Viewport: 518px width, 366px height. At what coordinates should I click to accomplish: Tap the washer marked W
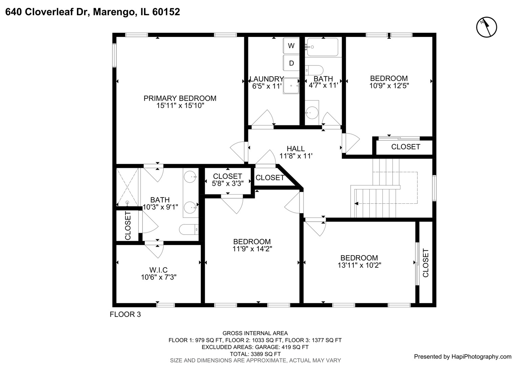tap(291, 46)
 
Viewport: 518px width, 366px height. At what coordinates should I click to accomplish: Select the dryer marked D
tap(291, 63)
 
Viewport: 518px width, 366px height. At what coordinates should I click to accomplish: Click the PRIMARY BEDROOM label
tap(180, 98)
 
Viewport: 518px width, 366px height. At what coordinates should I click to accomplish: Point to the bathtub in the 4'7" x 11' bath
tap(323, 47)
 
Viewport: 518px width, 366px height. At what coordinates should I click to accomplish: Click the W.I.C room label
tap(159, 270)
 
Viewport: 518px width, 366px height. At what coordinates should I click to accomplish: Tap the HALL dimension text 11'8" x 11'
tap(296, 156)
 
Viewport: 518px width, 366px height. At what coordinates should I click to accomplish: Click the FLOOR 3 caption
tap(125, 314)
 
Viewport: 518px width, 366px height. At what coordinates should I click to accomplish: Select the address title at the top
tap(92, 12)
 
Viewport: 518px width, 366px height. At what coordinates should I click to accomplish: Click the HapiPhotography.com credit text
tap(462, 357)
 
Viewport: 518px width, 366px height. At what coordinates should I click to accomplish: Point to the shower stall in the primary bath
tap(127, 187)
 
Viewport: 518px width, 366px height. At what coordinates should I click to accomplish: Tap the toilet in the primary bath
tap(189, 230)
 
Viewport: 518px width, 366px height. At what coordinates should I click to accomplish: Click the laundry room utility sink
tap(291, 86)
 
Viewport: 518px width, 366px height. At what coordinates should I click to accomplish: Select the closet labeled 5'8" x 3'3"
tap(228, 180)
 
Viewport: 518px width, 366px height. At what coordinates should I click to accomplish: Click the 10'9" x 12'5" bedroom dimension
tap(389, 86)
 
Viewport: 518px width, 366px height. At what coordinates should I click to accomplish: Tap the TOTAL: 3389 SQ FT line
tap(255, 354)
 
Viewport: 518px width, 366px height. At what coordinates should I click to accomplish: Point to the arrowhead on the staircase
tap(356, 204)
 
